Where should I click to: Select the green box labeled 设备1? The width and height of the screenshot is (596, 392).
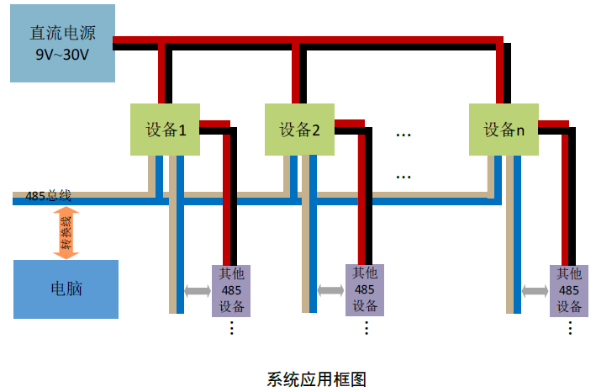coord(166,130)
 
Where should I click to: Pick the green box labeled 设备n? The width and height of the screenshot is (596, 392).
coord(504,130)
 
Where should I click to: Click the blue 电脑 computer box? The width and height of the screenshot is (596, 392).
coord(66,289)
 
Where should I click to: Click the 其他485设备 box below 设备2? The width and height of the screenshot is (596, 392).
coord(365,290)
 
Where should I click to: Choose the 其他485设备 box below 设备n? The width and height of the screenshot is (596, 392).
coord(569,290)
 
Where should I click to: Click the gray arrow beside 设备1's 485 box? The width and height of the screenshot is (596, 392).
coord(198,291)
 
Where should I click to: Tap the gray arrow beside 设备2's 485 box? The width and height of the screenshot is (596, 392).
coord(331,290)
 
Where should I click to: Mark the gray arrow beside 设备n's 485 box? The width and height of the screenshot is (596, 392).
coord(535,291)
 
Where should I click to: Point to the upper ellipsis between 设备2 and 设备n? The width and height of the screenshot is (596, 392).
coord(403,134)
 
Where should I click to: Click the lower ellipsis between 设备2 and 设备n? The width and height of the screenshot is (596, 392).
coord(403,177)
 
